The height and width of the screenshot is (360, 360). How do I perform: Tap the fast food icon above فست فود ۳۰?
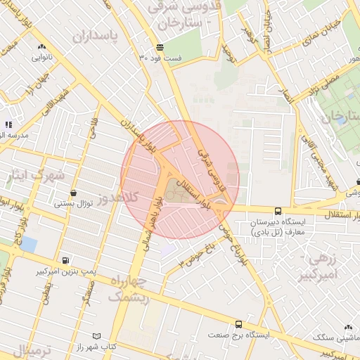click(161, 47)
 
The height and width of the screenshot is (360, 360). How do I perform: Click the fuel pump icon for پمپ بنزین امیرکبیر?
click(65, 259)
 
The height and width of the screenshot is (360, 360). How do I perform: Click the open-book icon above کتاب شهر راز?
click(97, 337)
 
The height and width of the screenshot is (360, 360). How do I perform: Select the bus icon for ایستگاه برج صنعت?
click(239, 325)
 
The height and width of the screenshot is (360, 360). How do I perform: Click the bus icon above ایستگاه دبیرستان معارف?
click(278, 210)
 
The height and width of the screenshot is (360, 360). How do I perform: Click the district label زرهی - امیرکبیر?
click(323, 267)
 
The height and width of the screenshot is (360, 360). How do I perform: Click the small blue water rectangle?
click(29, 245)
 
